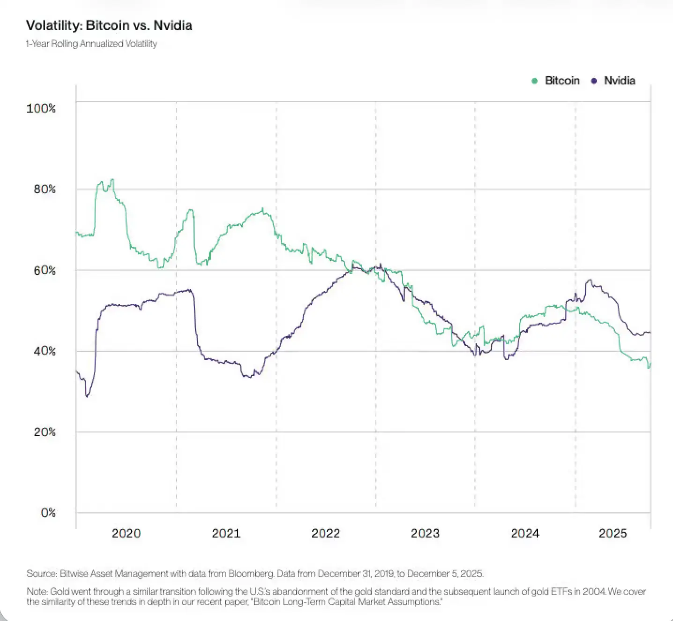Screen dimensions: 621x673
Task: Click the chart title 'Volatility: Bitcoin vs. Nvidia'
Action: pos(109,25)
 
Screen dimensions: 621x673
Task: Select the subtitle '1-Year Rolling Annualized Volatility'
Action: pos(91,44)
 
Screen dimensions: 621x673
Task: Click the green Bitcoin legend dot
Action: pos(535,81)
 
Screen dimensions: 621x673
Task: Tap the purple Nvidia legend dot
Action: pos(594,81)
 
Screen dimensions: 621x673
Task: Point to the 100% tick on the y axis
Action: pos(41,108)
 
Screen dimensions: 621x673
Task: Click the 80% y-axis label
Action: pos(45,189)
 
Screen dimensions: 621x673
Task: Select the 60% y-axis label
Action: pos(45,270)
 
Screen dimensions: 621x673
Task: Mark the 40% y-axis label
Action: pos(45,351)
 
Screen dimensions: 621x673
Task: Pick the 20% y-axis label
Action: pos(45,432)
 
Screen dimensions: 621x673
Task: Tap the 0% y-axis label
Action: pos(48,513)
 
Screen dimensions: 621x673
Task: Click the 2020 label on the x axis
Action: pos(126,533)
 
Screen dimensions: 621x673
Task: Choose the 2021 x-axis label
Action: pos(226,533)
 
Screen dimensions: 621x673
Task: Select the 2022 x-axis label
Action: pos(326,533)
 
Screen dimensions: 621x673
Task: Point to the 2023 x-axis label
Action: pos(425,533)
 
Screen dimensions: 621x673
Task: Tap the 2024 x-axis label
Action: pos(525,533)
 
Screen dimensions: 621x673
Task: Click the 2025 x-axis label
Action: pos(613,533)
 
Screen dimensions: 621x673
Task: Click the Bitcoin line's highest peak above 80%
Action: pos(112,180)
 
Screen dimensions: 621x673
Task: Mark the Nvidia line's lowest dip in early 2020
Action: pos(87,396)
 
